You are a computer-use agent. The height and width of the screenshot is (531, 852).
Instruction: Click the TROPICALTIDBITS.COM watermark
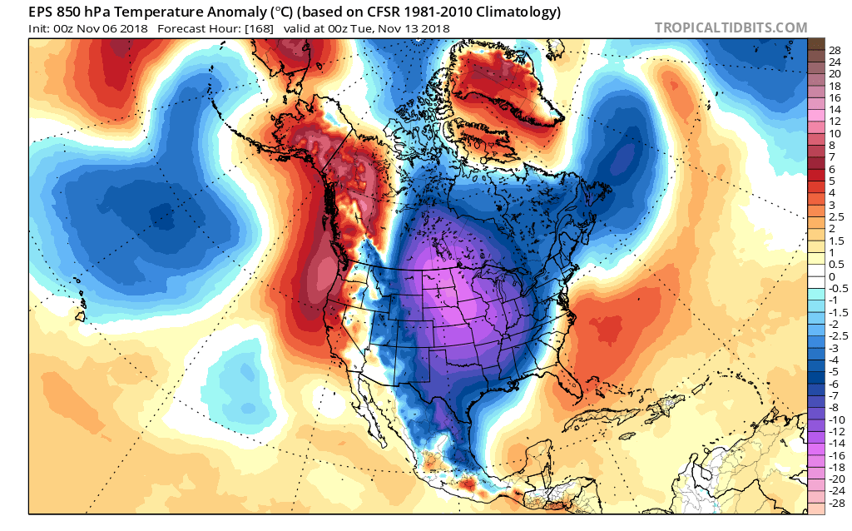[731, 27]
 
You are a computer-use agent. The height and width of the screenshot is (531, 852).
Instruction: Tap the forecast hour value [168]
[237, 28]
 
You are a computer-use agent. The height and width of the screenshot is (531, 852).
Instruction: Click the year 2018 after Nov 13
[433, 28]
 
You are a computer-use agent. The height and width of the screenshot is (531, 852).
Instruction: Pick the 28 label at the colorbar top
[835, 51]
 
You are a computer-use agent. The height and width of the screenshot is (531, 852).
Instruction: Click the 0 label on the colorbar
[831, 276]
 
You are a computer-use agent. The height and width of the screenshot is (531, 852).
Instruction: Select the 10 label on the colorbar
[835, 133]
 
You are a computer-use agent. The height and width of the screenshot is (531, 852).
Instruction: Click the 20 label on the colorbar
[835, 74]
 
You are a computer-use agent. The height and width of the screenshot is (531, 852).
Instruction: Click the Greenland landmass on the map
[508, 83]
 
